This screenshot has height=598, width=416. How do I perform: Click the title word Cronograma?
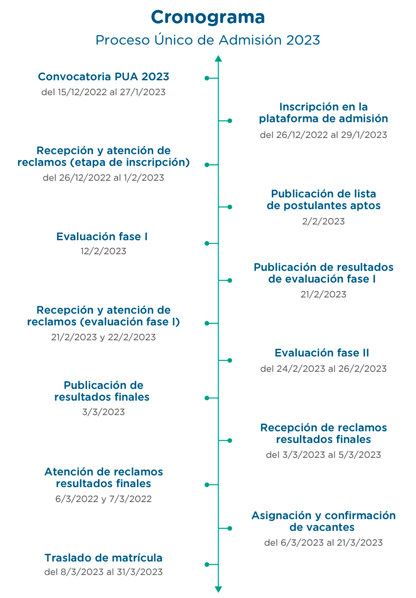pyautogui.click(x=208, y=18)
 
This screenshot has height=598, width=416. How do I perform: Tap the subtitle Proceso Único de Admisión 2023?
pyautogui.click(x=208, y=40)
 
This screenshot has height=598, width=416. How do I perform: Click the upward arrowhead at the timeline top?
pyautogui.click(x=219, y=58)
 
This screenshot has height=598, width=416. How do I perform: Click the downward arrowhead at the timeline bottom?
pyautogui.click(x=219, y=589)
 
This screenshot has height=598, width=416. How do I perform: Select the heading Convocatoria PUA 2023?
pyautogui.click(x=104, y=77)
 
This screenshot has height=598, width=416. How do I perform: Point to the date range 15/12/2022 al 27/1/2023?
pyautogui.click(x=112, y=92)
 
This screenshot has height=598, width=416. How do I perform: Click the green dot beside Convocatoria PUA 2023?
pyautogui.click(x=207, y=78)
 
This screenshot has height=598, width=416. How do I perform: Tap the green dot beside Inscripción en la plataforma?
pyautogui.click(x=230, y=121)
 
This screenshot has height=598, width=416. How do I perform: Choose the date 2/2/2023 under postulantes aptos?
pyautogui.click(x=324, y=221)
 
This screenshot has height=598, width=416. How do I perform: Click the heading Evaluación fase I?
pyautogui.click(x=102, y=236)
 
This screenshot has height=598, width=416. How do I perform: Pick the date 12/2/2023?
pyautogui.click(x=104, y=251)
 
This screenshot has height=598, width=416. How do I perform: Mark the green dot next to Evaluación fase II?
pyautogui.click(x=230, y=360)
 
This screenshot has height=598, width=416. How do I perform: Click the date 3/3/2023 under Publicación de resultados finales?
pyautogui.click(x=104, y=412)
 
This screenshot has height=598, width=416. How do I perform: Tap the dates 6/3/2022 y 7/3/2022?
pyautogui.click(x=104, y=499)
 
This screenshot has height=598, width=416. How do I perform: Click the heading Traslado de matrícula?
pyautogui.click(x=104, y=558)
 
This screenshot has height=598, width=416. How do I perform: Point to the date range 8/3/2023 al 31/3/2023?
pyautogui.click(x=112, y=572)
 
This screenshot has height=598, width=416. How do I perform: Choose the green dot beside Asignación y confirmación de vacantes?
pyautogui.click(x=230, y=529)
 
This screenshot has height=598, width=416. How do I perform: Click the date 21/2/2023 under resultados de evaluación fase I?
pyautogui.click(x=324, y=294)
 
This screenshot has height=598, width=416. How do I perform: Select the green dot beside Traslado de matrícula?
pyautogui.click(x=207, y=564)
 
